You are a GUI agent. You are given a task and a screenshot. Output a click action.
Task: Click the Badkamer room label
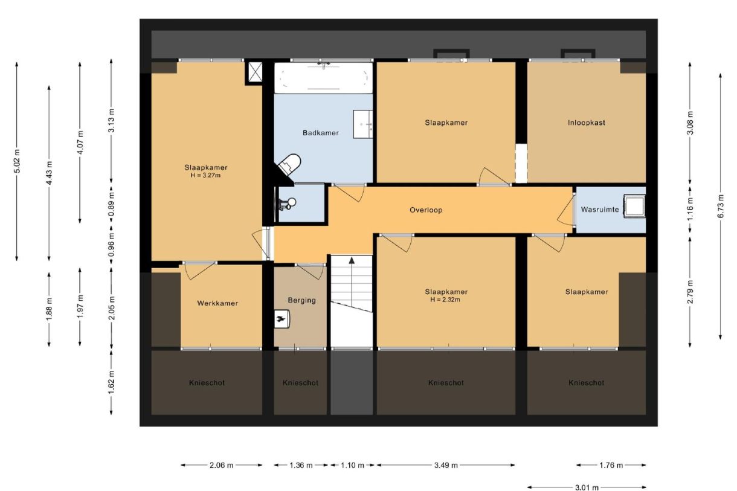(x=320, y=133)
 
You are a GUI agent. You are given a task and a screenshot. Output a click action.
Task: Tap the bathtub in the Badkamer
(x=323, y=78)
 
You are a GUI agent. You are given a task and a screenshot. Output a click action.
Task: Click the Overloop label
(x=426, y=211)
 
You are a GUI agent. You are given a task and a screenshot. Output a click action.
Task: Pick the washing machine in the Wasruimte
(x=635, y=206)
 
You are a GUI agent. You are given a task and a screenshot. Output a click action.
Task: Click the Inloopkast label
(x=586, y=123)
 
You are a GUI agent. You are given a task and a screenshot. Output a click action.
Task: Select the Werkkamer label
(x=217, y=303)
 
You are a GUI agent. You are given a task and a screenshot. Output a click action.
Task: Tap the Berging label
(x=301, y=300)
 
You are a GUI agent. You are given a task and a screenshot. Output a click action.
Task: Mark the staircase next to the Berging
(x=351, y=284)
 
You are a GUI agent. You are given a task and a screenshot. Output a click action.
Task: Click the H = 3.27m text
(x=205, y=176)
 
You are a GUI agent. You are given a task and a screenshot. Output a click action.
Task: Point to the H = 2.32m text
(x=446, y=300)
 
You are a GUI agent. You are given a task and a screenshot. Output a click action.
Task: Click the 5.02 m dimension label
(x=17, y=161)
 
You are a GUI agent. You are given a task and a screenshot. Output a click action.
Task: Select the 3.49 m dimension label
(x=446, y=466)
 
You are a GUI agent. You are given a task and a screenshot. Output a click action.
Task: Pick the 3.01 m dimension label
(x=587, y=487)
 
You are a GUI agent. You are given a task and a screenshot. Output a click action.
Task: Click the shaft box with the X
(x=254, y=73)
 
